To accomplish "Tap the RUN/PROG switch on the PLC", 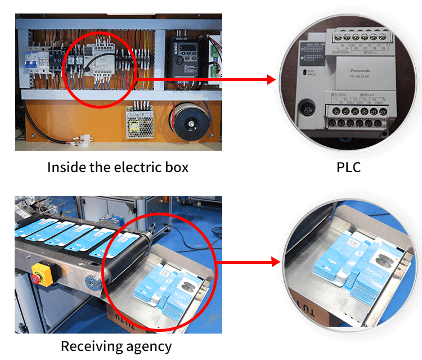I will click(308, 74).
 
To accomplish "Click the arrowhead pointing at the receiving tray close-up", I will click(275, 262).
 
